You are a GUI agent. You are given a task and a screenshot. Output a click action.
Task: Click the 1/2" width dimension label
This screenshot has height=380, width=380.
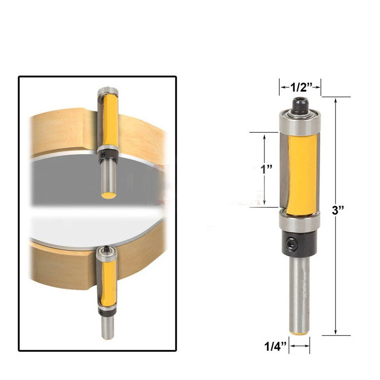300,87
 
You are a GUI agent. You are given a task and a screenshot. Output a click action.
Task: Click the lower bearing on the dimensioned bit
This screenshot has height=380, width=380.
299,221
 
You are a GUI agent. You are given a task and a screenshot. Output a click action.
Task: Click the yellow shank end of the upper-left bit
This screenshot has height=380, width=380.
107,195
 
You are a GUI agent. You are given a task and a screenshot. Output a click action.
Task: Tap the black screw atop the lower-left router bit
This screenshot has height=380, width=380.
106,248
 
